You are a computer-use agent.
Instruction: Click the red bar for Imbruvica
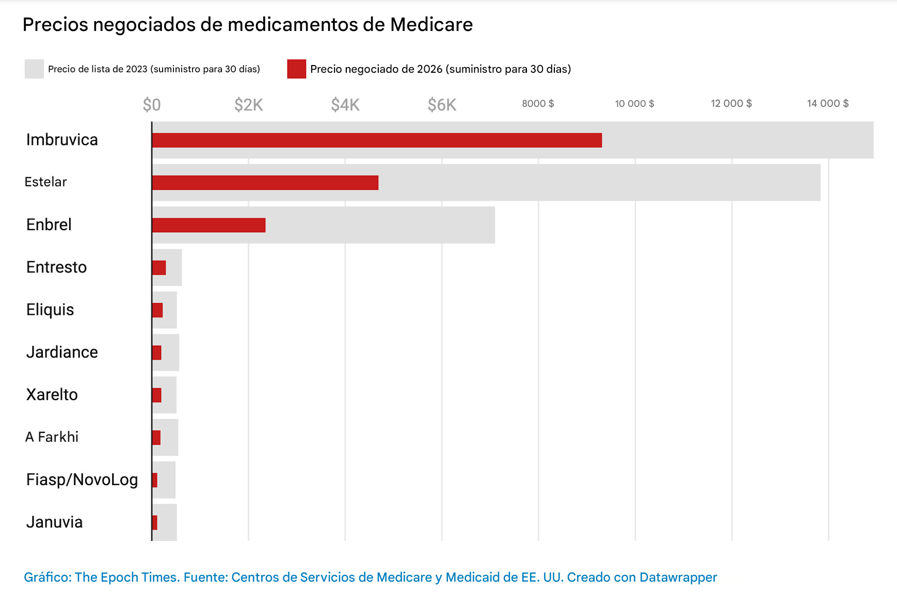pyautogui.click(x=377, y=140)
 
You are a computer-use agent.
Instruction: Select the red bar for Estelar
pyautogui.click(x=265, y=183)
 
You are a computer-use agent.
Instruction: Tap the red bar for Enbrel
pyautogui.click(x=209, y=225)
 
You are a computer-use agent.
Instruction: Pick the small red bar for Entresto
pyautogui.click(x=159, y=268)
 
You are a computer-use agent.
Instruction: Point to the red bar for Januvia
pyautogui.click(x=155, y=522)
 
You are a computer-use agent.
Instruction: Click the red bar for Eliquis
pyautogui.click(x=157, y=310)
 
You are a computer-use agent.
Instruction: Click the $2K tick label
pyautogui.click(x=248, y=105)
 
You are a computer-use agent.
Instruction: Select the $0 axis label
pyautogui.click(x=152, y=105)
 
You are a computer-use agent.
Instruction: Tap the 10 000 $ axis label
pyautogui.click(x=634, y=104)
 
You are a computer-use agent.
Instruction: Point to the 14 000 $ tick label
pyautogui.click(x=827, y=104)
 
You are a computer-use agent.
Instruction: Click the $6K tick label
pyautogui.click(x=442, y=105)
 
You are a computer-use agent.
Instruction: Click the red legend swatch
pyautogui.click(x=297, y=69)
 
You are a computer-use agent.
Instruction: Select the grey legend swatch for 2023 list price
pyautogui.click(x=34, y=69)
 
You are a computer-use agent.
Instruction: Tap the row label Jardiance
pyautogui.click(x=62, y=352)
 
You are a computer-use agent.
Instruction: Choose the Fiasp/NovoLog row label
pyautogui.click(x=82, y=479)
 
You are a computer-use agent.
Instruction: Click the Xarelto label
pyautogui.click(x=52, y=395)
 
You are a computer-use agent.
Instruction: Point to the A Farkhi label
pyautogui.click(x=52, y=437)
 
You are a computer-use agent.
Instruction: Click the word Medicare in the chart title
pyautogui.click(x=431, y=25)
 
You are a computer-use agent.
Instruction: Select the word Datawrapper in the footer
pyautogui.click(x=678, y=577)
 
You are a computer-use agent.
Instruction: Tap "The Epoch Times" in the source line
pyautogui.click(x=127, y=577)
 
